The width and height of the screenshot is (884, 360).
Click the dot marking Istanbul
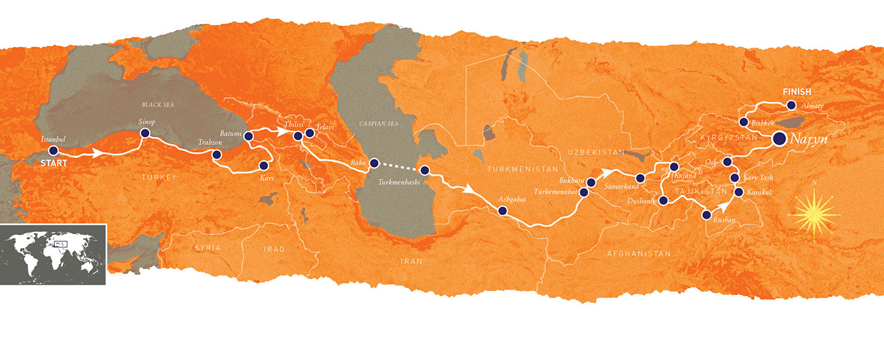53,151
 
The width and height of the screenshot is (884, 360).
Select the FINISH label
796,92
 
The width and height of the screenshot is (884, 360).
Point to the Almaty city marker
791,105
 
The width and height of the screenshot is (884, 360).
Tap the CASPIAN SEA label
375,125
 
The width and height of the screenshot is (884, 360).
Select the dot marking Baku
374,162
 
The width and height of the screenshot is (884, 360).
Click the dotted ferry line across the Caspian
399,166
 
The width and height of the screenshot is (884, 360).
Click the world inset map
53,253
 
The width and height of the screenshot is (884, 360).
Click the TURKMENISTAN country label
522,169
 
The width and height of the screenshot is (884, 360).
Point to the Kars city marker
264,165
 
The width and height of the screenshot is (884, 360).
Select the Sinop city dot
145,133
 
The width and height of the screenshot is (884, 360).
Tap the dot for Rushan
707,215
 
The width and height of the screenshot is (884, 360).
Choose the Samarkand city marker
640,178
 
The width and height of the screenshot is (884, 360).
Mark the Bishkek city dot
743,121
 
